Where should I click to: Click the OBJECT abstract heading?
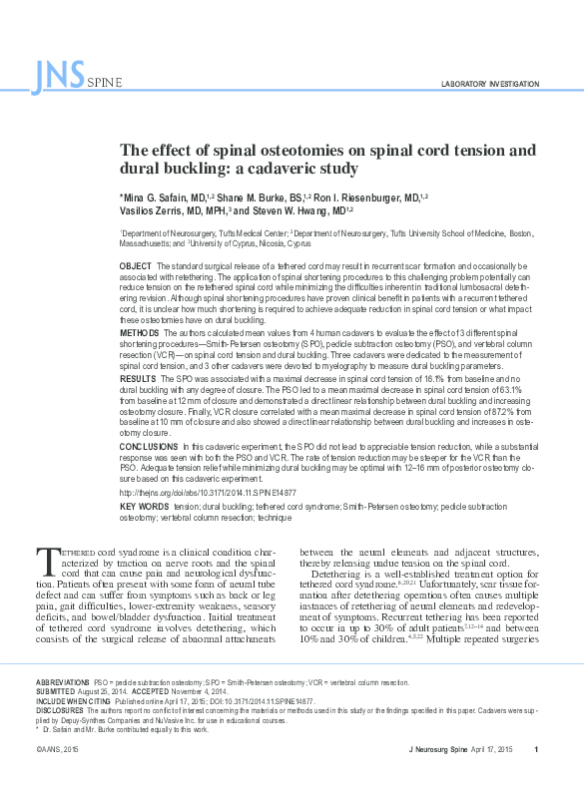(135, 266)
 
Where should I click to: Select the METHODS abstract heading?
(139, 331)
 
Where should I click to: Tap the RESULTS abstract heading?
(138, 380)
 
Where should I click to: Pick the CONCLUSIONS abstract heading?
(148, 446)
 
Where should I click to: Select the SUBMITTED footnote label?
(56, 691)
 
